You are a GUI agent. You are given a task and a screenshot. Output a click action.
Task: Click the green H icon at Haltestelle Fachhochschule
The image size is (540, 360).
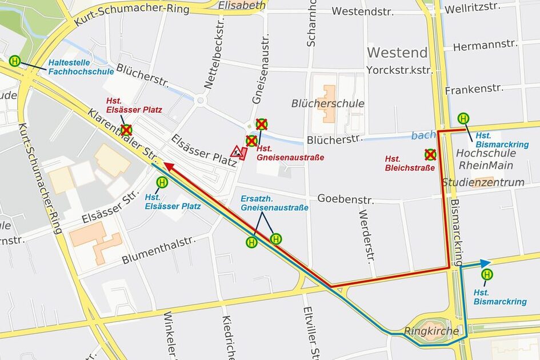[15, 61]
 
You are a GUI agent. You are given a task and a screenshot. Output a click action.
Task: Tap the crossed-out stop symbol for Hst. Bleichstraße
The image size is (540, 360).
[430, 154]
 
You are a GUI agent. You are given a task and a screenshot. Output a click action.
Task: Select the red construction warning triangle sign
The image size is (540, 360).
[237, 152]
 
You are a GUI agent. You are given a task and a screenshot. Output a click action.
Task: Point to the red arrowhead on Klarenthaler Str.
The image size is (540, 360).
[169, 166]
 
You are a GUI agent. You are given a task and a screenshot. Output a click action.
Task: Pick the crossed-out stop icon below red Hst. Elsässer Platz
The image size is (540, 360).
[126, 130]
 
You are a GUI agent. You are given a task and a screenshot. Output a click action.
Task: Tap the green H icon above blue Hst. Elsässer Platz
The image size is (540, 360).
[162, 182]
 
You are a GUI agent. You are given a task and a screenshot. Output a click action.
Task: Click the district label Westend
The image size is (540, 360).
[397, 53]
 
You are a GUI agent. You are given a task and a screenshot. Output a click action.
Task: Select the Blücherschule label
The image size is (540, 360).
[327, 103]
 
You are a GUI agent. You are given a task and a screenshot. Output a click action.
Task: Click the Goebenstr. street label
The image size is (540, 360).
[345, 199]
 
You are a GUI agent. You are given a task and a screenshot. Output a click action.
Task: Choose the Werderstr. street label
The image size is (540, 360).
[366, 235]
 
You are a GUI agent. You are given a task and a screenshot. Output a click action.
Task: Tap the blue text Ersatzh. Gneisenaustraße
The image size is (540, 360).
[274, 203]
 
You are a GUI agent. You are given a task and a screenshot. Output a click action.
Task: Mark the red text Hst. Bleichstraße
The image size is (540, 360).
[410, 163]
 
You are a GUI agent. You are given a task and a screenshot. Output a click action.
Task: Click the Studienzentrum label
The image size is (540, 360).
[483, 182]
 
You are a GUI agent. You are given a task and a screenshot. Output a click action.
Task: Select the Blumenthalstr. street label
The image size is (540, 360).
[158, 250]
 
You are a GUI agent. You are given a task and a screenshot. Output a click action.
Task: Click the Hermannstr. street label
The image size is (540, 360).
[477, 45]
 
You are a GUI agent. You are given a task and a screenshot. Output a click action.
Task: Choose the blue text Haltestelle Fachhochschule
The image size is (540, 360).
[73, 67]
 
